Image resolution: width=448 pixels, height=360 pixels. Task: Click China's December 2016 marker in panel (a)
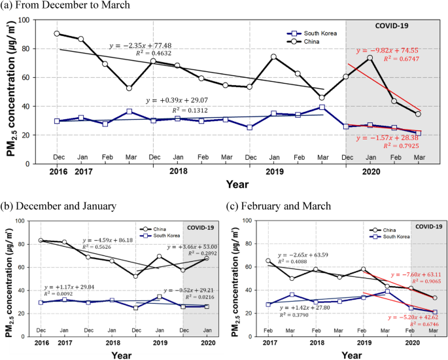pos(57,33)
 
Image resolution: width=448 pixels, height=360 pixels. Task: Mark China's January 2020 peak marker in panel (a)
pos(370,58)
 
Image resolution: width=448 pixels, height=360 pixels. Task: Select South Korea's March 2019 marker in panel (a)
pos(322,107)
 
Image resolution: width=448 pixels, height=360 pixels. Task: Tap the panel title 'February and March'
pos(290,206)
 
